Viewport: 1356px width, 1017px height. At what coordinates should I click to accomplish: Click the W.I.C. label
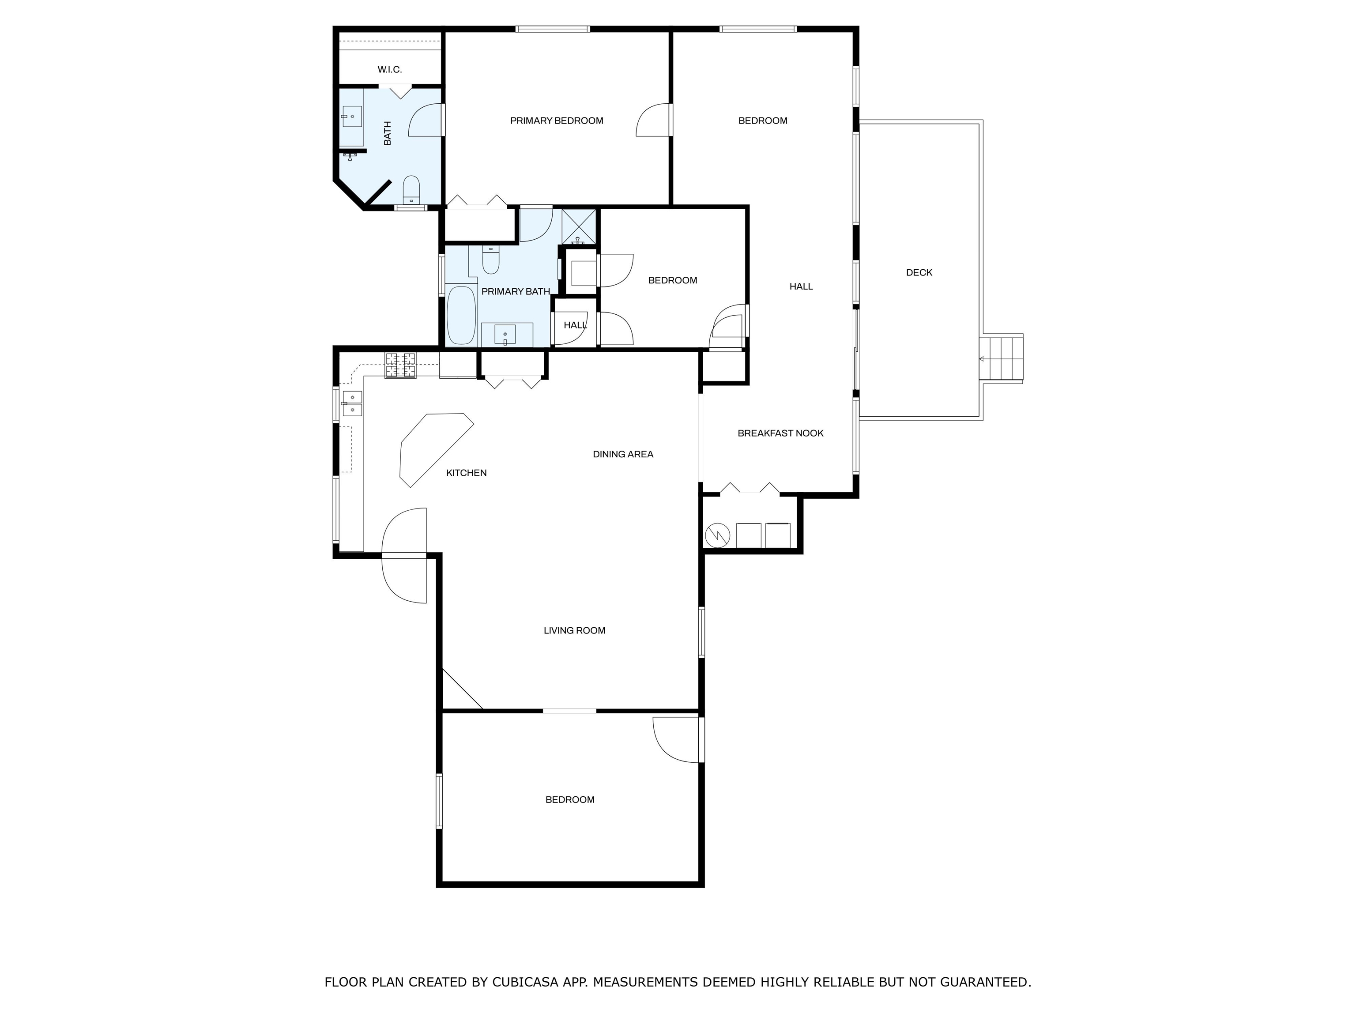[389, 70]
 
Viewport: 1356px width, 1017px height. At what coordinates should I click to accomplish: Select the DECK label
[919, 273]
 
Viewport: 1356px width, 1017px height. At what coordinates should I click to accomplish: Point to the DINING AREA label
[623, 454]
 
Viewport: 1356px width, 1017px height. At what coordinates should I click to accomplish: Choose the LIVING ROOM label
[574, 631]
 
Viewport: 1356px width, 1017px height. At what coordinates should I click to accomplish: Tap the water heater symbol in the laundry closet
[718, 535]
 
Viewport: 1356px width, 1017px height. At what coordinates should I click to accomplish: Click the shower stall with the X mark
[579, 227]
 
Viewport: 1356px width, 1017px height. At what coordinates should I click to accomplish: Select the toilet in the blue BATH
[411, 189]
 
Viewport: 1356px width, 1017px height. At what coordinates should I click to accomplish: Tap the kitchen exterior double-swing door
[404, 555]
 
